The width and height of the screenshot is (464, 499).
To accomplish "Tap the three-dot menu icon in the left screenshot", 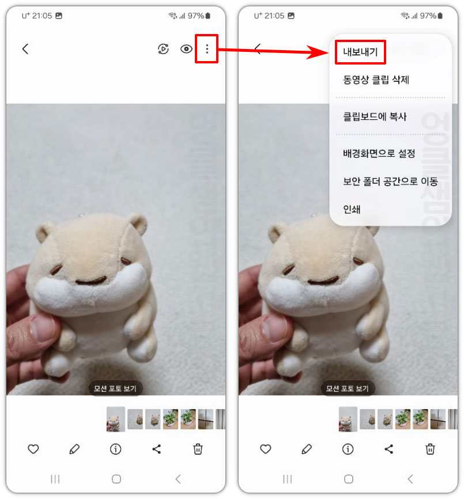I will point(207,49).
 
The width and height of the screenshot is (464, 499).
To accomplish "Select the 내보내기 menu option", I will point(360,52).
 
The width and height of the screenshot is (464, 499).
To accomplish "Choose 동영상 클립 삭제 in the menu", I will point(376,80).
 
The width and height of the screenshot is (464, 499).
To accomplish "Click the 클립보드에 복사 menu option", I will point(375,116).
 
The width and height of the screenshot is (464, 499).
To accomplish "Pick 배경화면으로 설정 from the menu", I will point(379,154).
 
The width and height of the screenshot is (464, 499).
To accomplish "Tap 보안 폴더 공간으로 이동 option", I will point(390,182).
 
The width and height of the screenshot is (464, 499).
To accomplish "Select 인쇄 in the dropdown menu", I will point(352,209).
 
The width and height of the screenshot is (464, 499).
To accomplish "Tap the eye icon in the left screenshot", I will point(186,49).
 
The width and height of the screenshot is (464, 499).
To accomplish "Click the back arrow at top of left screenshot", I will point(25,49).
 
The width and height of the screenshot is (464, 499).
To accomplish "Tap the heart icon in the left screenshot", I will point(33,449).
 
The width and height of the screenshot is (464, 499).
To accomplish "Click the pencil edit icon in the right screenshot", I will point(307,449).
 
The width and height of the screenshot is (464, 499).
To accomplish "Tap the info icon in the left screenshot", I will point(116,449).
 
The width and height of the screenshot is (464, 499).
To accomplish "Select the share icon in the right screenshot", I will point(389,449).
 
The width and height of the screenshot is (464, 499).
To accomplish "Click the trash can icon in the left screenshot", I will point(198,449).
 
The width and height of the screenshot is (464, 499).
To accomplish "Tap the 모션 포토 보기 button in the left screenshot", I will point(116,388).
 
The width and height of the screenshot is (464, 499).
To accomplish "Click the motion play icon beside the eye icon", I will point(163,49).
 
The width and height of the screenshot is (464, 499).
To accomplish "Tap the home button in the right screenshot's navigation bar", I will point(348,479).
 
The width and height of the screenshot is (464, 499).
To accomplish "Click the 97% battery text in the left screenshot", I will point(196,16).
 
